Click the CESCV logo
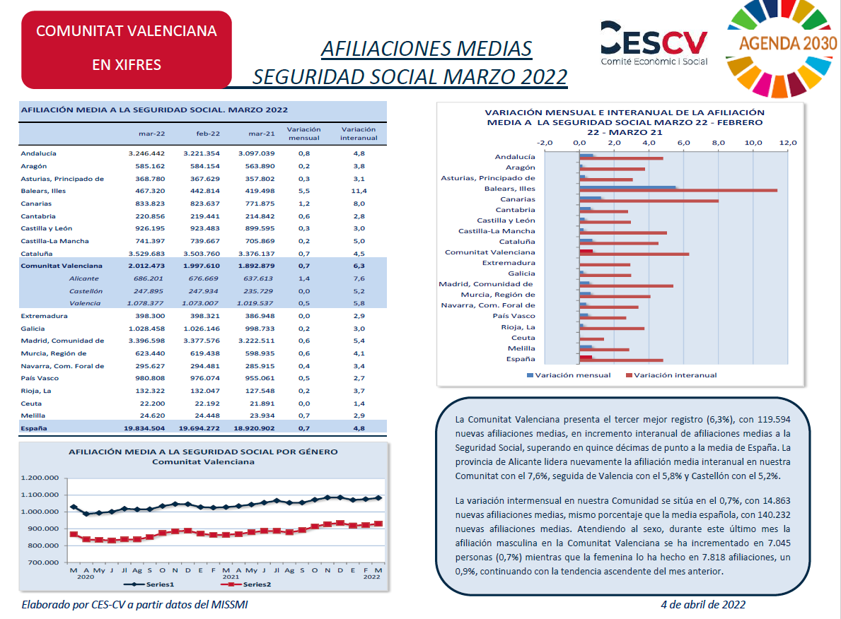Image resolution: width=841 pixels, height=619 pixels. (654, 43)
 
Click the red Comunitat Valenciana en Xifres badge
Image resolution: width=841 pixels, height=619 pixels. (127, 49)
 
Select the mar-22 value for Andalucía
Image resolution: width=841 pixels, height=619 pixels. (146, 153)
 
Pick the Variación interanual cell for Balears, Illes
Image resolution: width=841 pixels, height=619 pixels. (359, 191)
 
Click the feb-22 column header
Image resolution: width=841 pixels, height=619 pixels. (207, 134)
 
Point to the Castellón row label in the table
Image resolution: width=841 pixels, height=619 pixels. (86, 291)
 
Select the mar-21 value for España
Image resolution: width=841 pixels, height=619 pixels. (254, 428)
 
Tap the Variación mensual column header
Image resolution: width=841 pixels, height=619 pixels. (303, 134)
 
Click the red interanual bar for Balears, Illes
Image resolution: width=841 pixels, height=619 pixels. (678, 191)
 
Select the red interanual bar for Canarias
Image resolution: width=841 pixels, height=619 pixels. (649, 201)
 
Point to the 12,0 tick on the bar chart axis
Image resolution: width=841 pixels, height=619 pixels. (788, 143)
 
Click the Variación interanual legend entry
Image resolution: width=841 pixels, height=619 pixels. (671, 375)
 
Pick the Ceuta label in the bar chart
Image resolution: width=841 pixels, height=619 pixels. (523, 338)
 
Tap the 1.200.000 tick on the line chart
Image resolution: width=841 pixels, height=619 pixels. (40, 478)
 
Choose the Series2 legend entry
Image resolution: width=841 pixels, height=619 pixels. (246, 584)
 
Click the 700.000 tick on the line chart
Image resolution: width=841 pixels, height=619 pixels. (43, 562)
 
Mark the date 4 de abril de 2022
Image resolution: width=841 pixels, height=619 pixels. (703, 605)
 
